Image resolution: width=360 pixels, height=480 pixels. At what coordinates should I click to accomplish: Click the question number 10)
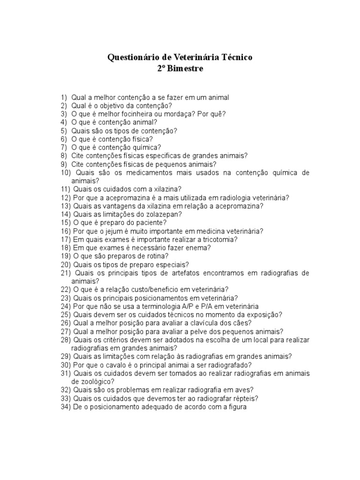pos(65,173)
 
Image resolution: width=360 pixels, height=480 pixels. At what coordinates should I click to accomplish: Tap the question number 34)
pos(65,407)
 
